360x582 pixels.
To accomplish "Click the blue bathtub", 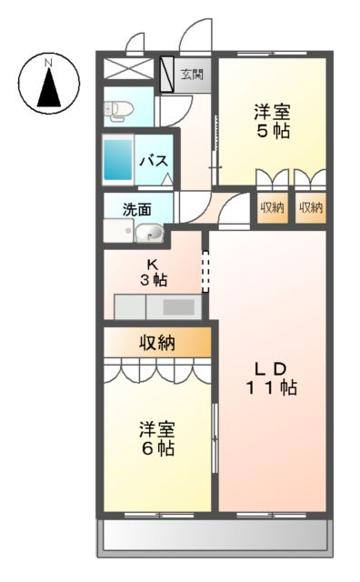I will (117, 160).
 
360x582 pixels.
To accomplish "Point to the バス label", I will (152, 162).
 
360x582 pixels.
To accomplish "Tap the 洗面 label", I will (138, 207).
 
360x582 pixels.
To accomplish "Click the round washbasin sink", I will (150, 234).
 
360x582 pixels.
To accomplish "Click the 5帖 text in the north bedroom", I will (271, 131).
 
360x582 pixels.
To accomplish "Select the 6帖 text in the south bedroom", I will (156, 447).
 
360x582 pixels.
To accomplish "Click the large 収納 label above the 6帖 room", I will (156, 342).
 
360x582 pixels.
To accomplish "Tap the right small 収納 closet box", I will (310, 207).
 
